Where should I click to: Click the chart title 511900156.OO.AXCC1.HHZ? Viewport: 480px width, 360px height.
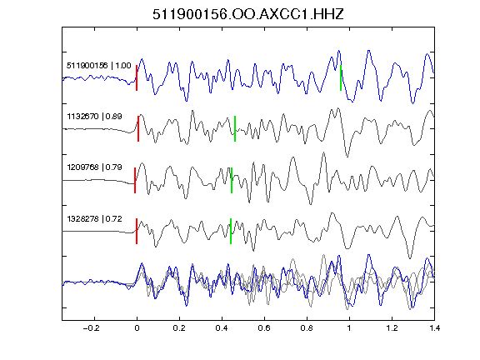[x=248, y=14]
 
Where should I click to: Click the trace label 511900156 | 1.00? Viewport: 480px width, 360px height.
[x=99, y=66]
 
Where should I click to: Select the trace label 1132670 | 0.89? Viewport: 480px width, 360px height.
[x=95, y=117]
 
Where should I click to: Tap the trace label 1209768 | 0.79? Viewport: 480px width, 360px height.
[x=95, y=167]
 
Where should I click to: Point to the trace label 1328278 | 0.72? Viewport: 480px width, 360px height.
[x=95, y=219]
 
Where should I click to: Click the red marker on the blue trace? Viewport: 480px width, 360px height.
[x=137, y=77]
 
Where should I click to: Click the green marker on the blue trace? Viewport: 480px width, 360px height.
[x=341, y=77]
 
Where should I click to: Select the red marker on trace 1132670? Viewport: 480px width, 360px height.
[x=138, y=128]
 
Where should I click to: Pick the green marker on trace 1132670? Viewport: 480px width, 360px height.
[x=235, y=128]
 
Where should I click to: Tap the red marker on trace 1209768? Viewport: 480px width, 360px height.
[x=135, y=180]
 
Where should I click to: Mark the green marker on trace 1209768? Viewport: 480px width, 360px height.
[x=232, y=180]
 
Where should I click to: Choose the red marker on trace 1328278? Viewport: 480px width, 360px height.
[x=137, y=231]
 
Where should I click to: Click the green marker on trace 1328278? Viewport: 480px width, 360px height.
[x=231, y=231]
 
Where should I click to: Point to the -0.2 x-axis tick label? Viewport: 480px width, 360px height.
[x=91, y=328]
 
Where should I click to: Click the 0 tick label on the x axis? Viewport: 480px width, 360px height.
[x=137, y=328]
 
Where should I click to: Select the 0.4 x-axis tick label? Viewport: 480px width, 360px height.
[x=222, y=328]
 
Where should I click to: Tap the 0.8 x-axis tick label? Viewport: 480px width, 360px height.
[x=307, y=328]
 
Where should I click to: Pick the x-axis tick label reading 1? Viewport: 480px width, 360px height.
[x=349, y=328]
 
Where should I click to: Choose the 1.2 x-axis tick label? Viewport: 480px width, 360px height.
[x=392, y=328]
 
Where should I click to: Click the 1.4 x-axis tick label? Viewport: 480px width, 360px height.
[x=434, y=328]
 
